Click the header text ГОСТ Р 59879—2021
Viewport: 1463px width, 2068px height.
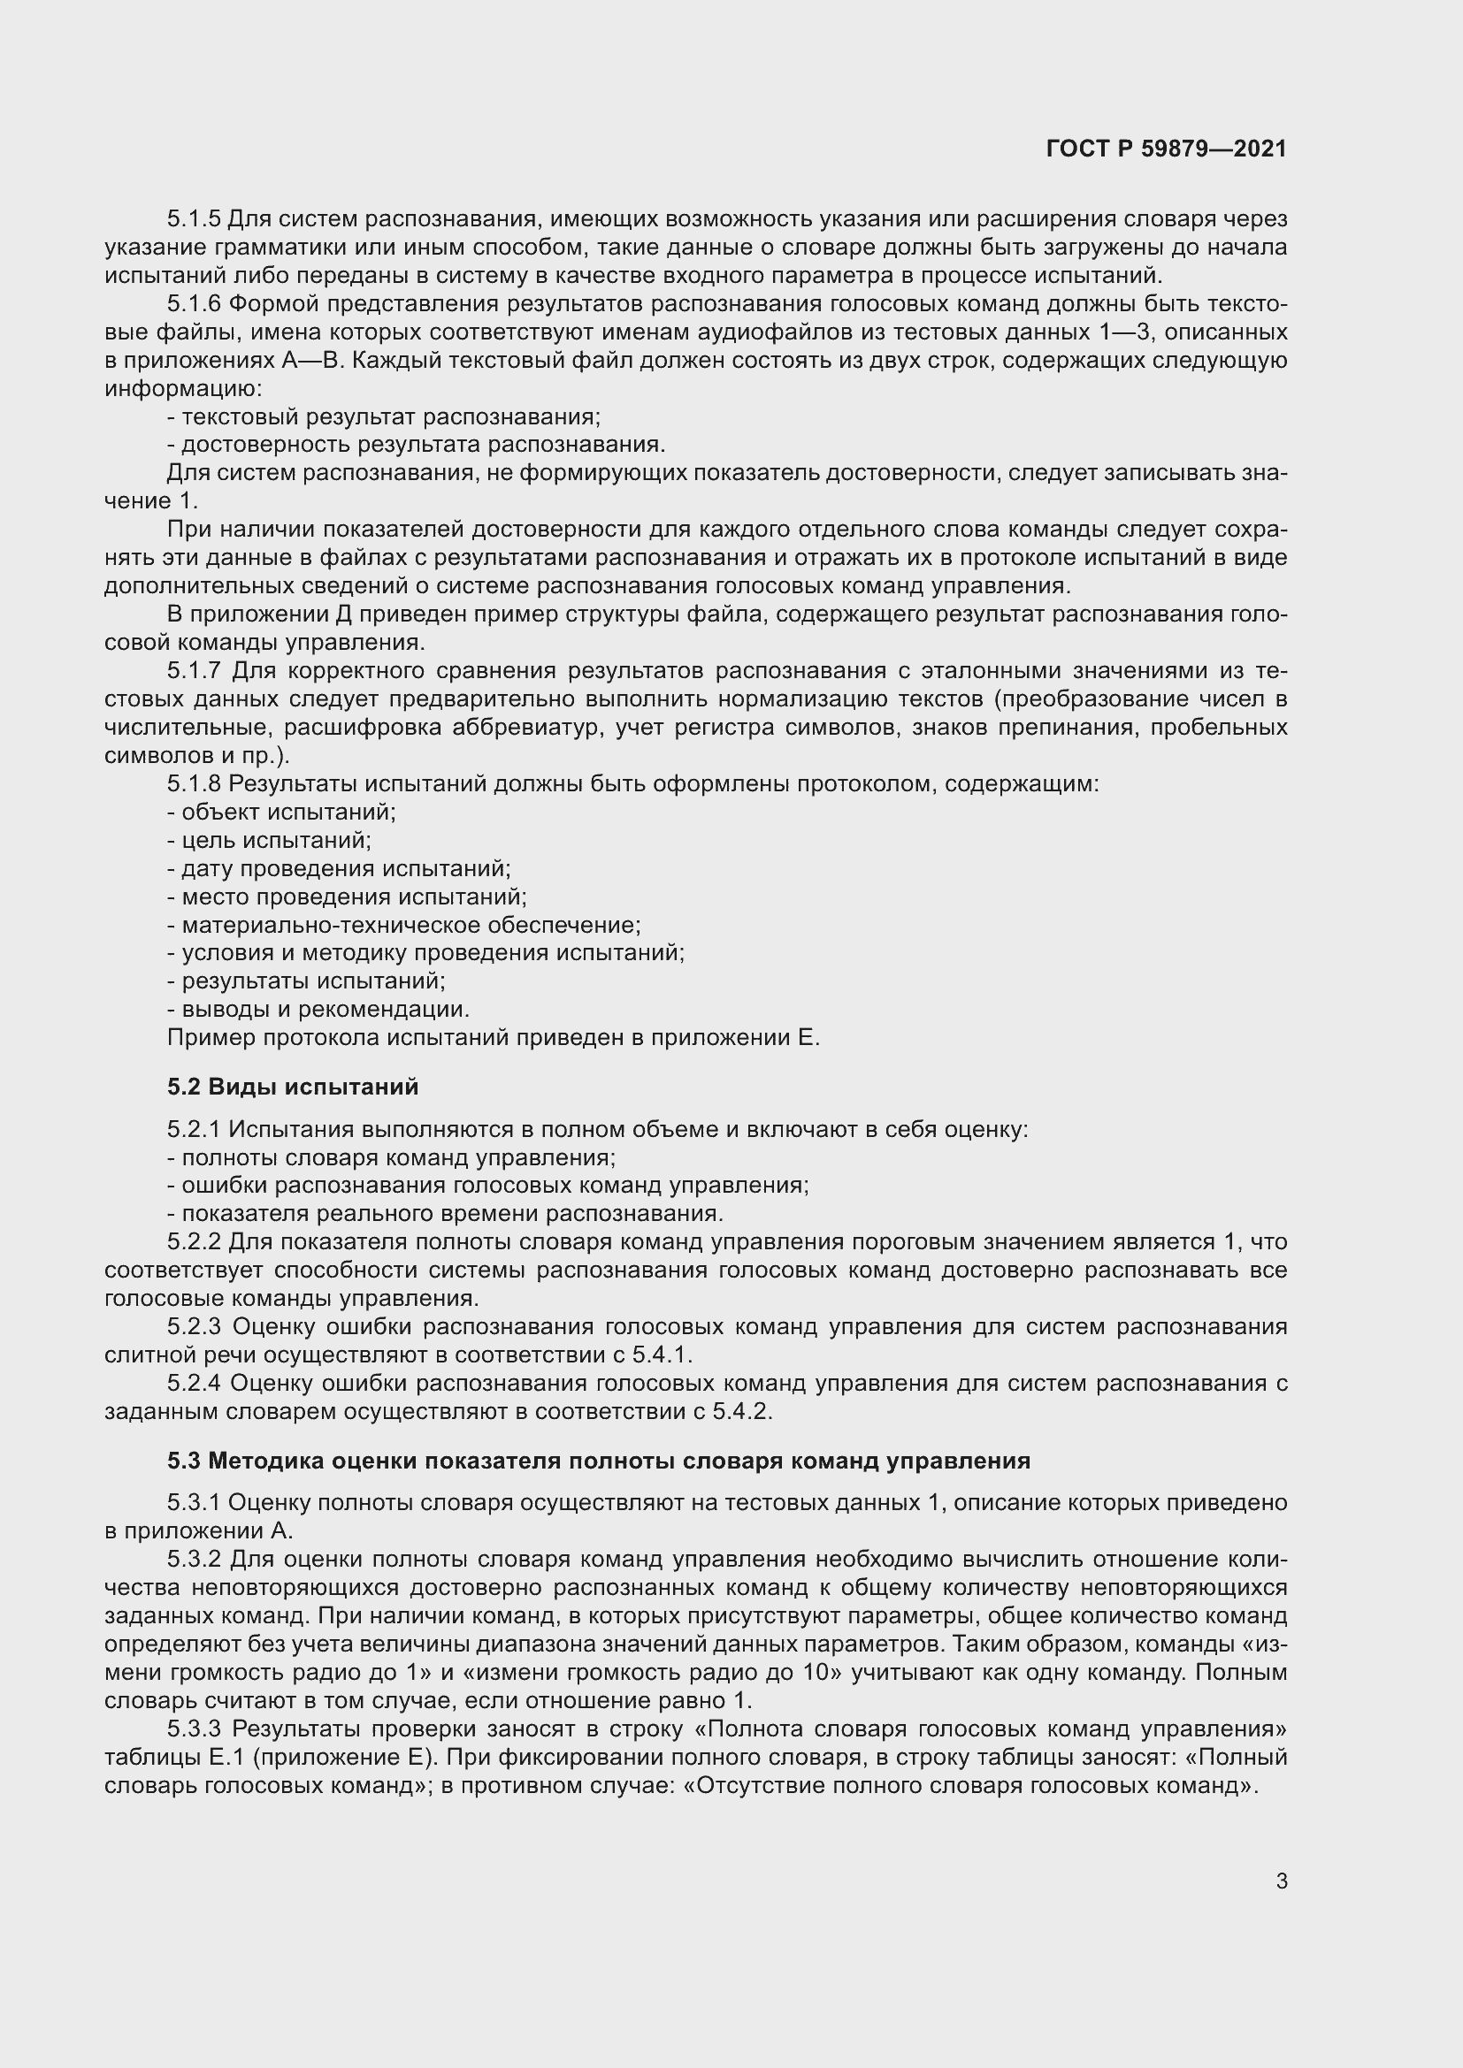[x=1166, y=149]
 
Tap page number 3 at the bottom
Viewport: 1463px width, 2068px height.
[x=1281, y=1881]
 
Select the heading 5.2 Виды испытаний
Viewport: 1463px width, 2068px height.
[x=293, y=1087]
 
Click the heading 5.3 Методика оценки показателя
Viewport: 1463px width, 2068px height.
[x=598, y=1461]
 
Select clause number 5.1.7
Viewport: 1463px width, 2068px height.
[x=194, y=671]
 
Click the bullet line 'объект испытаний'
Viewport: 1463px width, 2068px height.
[x=282, y=813]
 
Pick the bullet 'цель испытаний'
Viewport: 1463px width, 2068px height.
[x=271, y=840]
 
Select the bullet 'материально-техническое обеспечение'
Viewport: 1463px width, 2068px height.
[x=404, y=925]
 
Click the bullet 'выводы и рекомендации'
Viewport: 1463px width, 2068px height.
[x=319, y=1010]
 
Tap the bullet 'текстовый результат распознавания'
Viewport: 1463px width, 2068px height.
[x=385, y=417]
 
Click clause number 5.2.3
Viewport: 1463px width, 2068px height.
[x=194, y=1327]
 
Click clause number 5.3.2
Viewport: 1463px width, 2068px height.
[x=194, y=1559]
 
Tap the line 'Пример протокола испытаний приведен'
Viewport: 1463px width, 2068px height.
[x=494, y=1038]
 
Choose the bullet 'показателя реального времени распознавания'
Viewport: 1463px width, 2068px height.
[x=446, y=1214]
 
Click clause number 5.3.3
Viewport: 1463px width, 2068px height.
[x=194, y=1729]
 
